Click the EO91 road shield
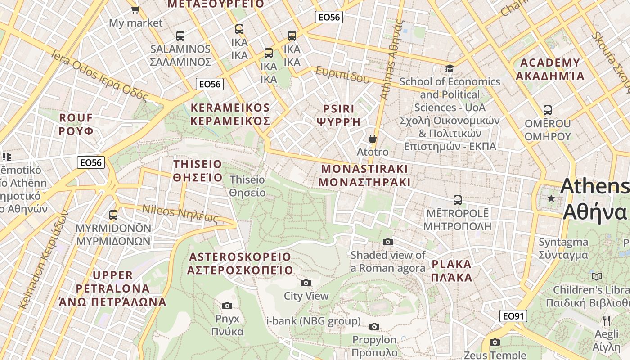tap(513, 316)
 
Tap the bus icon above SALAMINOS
tap(180, 36)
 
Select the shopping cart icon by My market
tap(135, 9)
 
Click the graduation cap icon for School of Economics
tap(450, 69)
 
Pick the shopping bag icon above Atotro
tap(373, 139)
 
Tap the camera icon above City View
tap(306, 283)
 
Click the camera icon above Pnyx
tap(227, 306)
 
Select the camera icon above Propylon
tap(374, 326)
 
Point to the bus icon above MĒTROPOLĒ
tap(458, 200)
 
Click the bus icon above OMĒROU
tap(548, 110)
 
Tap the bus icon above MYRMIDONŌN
tap(113, 215)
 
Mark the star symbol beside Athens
tap(551, 198)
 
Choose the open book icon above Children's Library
tap(597, 276)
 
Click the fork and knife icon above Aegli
tap(607, 320)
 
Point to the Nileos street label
tap(180, 214)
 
